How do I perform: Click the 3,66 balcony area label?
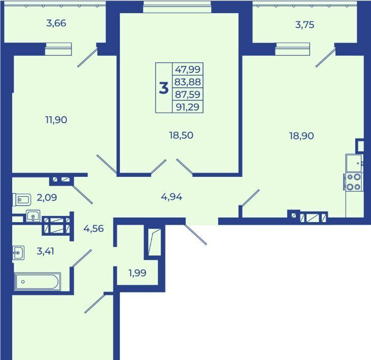(x=56, y=23)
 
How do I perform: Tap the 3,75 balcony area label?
(x=305, y=24)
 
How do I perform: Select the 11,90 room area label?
(x=56, y=120)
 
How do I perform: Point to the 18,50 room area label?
(x=181, y=135)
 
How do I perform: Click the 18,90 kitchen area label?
(x=301, y=136)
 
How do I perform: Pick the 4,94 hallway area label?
(x=172, y=197)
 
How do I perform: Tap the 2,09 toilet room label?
(x=47, y=197)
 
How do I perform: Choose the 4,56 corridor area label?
(x=94, y=229)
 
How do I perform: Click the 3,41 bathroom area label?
(x=45, y=251)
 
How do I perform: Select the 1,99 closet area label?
(x=137, y=273)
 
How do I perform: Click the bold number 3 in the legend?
(x=164, y=88)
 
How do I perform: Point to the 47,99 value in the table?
(x=188, y=69)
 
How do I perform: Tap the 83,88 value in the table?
(x=188, y=82)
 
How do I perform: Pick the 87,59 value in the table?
(x=188, y=94)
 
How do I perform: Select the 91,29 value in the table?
(x=188, y=107)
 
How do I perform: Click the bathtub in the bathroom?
(x=38, y=281)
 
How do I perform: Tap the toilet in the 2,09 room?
(x=22, y=199)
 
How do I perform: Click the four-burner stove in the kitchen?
(x=353, y=182)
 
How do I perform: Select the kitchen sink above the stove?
(x=354, y=163)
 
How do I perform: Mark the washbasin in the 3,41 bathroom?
(x=18, y=253)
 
